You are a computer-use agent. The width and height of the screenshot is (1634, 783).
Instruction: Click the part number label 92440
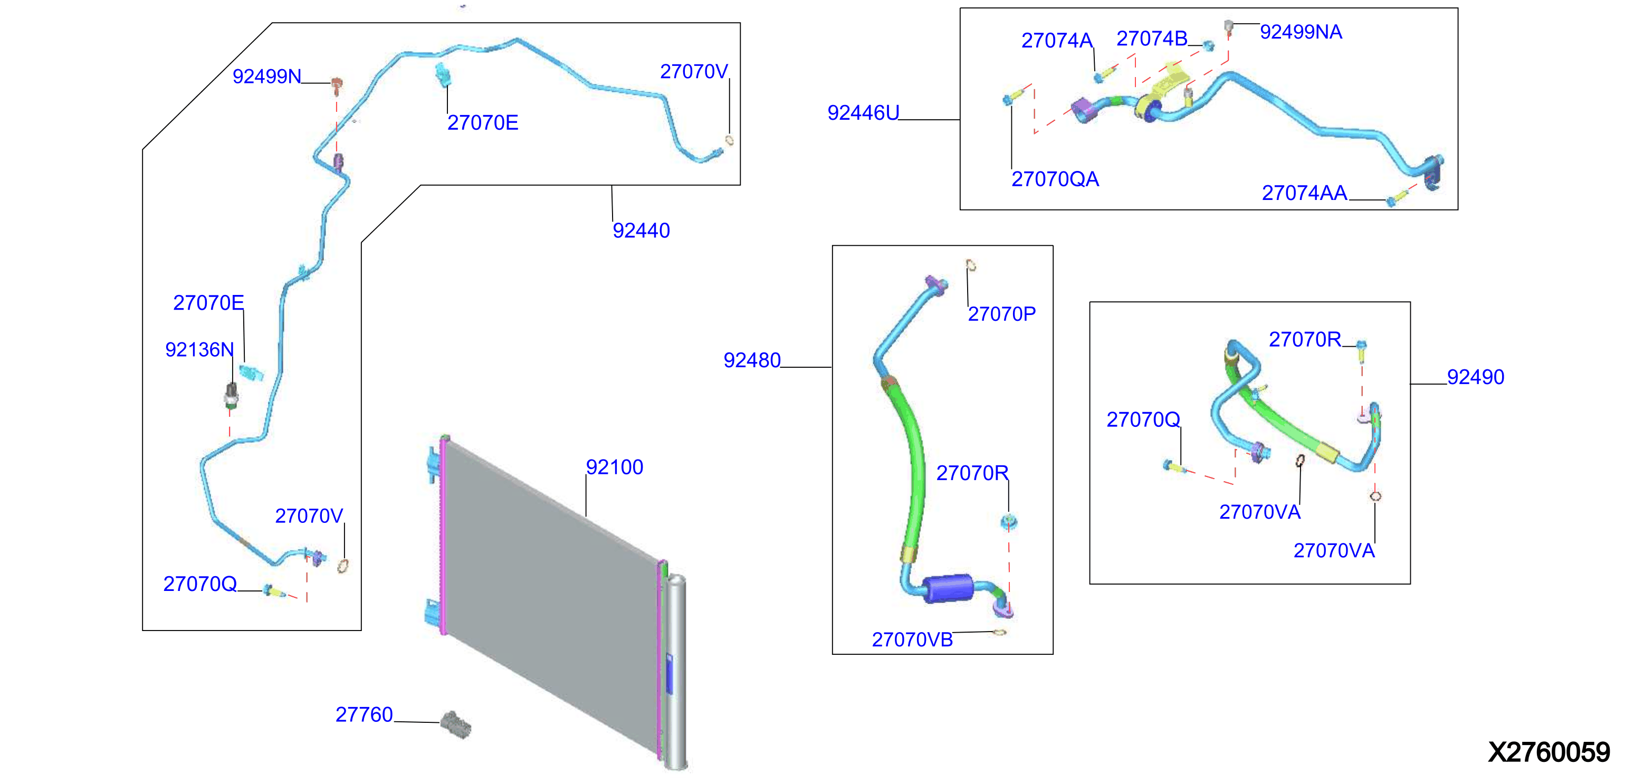click(x=641, y=231)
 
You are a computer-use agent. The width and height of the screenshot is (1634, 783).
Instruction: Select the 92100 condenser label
click(x=614, y=467)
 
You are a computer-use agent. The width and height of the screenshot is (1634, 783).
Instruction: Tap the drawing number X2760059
click(x=1549, y=752)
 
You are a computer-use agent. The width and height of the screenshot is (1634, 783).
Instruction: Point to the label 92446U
click(x=863, y=113)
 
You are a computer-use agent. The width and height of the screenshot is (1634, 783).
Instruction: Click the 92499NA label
click(x=1301, y=32)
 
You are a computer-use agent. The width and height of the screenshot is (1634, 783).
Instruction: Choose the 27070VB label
click(x=912, y=639)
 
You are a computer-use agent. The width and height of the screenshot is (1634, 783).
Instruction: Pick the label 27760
click(x=364, y=714)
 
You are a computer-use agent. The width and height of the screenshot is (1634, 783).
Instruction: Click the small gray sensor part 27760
click(x=456, y=724)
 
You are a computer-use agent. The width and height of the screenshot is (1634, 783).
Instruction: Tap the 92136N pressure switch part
click(x=232, y=395)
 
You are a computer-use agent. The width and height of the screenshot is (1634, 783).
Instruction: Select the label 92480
click(x=752, y=360)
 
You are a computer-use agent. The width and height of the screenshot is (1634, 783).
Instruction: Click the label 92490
click(x=1475, y=377)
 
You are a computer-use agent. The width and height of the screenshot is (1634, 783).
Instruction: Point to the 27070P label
click(x=1001, y=314)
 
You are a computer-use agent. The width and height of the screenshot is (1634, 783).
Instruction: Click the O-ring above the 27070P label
click(x=970, y=265)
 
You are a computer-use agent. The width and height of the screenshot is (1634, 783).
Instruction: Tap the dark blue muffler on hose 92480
click(x=947, y=588)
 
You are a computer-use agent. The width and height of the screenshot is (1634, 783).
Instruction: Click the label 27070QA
click(x=1055, y=179)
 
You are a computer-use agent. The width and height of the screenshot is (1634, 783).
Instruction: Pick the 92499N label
click(x=266, y=76)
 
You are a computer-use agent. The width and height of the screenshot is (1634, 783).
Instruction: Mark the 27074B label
click(x=1151, y=39)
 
